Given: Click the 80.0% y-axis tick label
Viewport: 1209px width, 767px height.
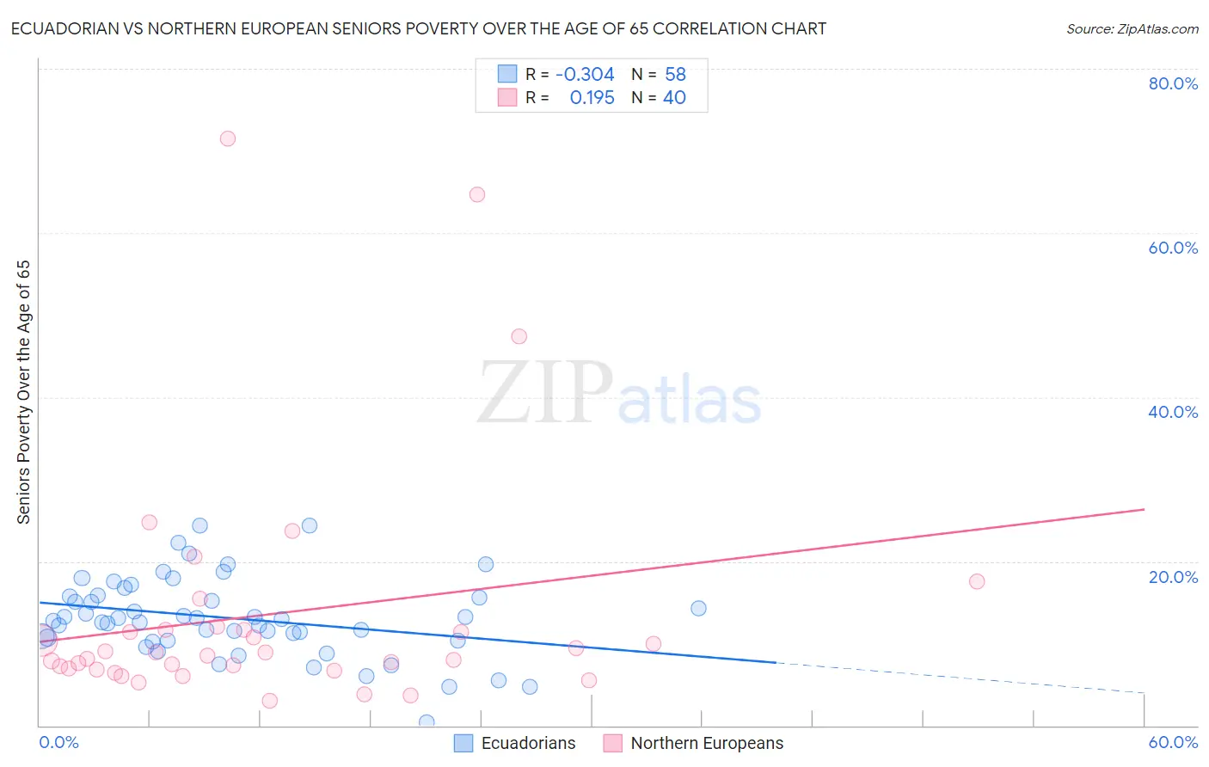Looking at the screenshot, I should pos(1173,83).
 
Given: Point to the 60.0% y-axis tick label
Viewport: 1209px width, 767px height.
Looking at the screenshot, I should pos(1173,248).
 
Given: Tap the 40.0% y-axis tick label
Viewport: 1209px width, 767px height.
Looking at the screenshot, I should pos(1173,412).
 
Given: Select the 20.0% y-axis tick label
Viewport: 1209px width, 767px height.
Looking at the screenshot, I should pos(1173,577).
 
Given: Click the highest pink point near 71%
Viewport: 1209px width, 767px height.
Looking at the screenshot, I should pos(228,138).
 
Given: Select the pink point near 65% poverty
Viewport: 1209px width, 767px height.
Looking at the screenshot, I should pos(477,194).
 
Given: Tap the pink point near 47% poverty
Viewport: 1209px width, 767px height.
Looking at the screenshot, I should pos(519,336).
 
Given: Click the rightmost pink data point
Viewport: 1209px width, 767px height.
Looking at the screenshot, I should pos(977,581).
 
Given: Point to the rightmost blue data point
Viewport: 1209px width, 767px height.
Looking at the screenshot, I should pos(698,608).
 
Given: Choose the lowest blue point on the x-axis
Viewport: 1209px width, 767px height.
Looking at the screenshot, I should pos(427,722).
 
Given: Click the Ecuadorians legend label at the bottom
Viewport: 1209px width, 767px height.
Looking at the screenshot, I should pos(528,743).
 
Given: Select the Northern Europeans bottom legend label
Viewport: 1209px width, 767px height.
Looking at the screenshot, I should pos(707,743).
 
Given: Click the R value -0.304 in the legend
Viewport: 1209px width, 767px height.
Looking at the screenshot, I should pos(585,75).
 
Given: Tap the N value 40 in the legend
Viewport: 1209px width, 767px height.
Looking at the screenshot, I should pos(674,98).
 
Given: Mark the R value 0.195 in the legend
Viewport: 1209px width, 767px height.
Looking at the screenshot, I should pos(592,98).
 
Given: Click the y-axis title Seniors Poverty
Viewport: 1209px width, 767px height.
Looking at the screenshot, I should pos(23,392).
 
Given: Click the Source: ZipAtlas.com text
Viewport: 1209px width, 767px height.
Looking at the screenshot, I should pos(1132,29).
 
